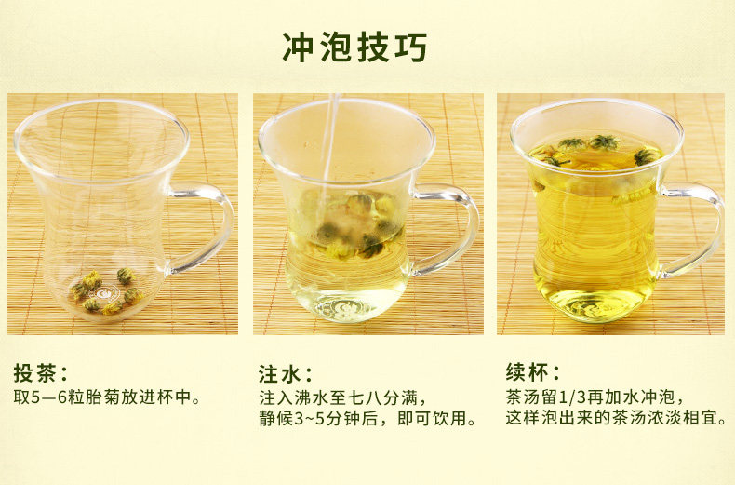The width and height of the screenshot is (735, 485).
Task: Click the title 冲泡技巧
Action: (354, 47)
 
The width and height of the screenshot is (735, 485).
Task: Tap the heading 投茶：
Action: (41, 373)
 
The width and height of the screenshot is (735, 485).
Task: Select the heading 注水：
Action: (286, 374)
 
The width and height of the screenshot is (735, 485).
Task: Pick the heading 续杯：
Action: (533, 372)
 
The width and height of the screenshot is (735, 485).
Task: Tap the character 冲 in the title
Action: (298, 47)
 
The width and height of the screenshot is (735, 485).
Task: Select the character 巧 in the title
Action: (410, 47)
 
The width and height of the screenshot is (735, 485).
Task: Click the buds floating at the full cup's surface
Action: (596, 151)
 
